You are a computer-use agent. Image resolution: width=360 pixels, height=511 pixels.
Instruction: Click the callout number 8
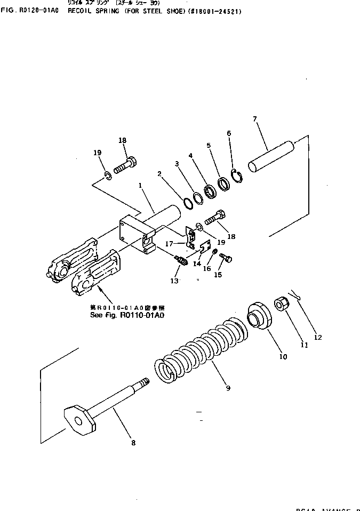(x=133, y=442)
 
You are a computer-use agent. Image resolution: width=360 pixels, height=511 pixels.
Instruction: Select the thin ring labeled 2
(x=188, y=203)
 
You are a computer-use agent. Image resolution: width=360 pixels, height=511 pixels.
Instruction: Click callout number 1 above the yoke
(x=140, y=186)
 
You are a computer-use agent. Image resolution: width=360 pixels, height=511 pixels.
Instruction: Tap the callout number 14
(x=197, y=264)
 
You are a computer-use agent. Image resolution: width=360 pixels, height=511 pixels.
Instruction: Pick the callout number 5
(x=209, y=145)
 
